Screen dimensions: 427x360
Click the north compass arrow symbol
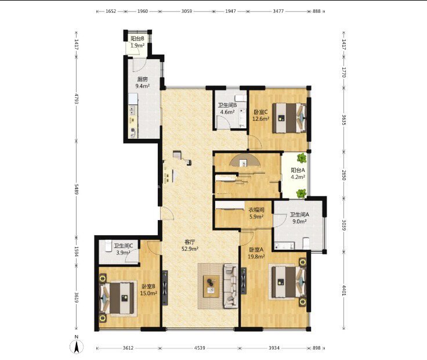[77, 347]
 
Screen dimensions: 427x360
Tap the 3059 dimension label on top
[187, 11]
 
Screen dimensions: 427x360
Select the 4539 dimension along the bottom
[200, 348]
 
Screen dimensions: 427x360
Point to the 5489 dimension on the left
[77, 188]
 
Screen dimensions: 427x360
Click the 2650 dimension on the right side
[343, 175]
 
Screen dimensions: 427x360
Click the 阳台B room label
[137, 39]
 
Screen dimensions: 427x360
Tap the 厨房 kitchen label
[142, 80]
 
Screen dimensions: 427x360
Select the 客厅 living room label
[190, 242]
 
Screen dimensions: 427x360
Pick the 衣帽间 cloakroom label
[256, 210]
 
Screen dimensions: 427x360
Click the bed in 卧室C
[290, 118]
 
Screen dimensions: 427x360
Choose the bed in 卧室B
[117, 298]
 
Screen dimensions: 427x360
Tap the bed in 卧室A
[289, 282]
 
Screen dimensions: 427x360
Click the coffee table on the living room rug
[211, 286]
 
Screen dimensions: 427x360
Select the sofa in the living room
[231, 286]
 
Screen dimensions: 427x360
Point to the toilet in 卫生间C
[108, 246]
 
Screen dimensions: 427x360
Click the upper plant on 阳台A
[302, 157]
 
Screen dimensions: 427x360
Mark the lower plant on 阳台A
[301, 193]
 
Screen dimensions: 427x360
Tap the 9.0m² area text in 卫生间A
[299, 222]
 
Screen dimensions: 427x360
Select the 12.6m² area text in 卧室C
[260, 119]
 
